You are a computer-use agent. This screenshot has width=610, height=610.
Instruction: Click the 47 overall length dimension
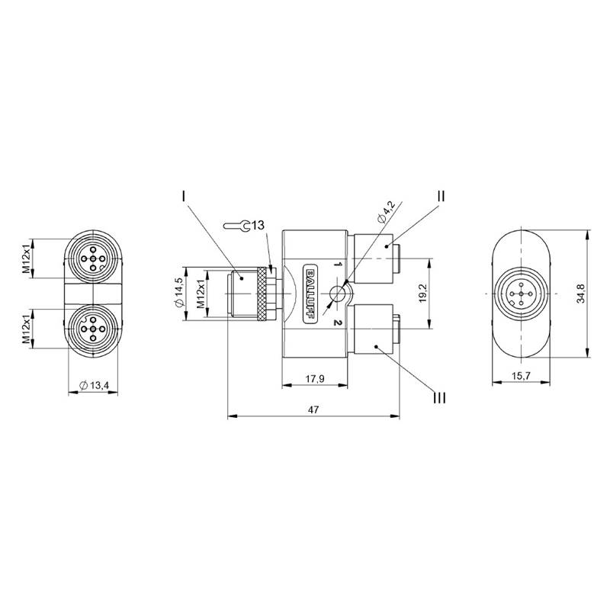313,409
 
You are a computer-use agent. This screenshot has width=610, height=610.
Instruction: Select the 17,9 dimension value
315,378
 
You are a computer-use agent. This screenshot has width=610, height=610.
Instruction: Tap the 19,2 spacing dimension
424,293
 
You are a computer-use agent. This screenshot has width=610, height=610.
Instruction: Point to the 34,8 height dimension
580,294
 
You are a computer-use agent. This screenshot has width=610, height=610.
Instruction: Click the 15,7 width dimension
522,376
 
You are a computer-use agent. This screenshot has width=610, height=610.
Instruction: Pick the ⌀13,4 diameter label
94,385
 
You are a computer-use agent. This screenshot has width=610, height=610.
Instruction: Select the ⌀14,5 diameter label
179,294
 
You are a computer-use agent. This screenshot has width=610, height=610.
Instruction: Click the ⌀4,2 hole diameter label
387,212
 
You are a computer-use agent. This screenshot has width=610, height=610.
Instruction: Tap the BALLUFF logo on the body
310,294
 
